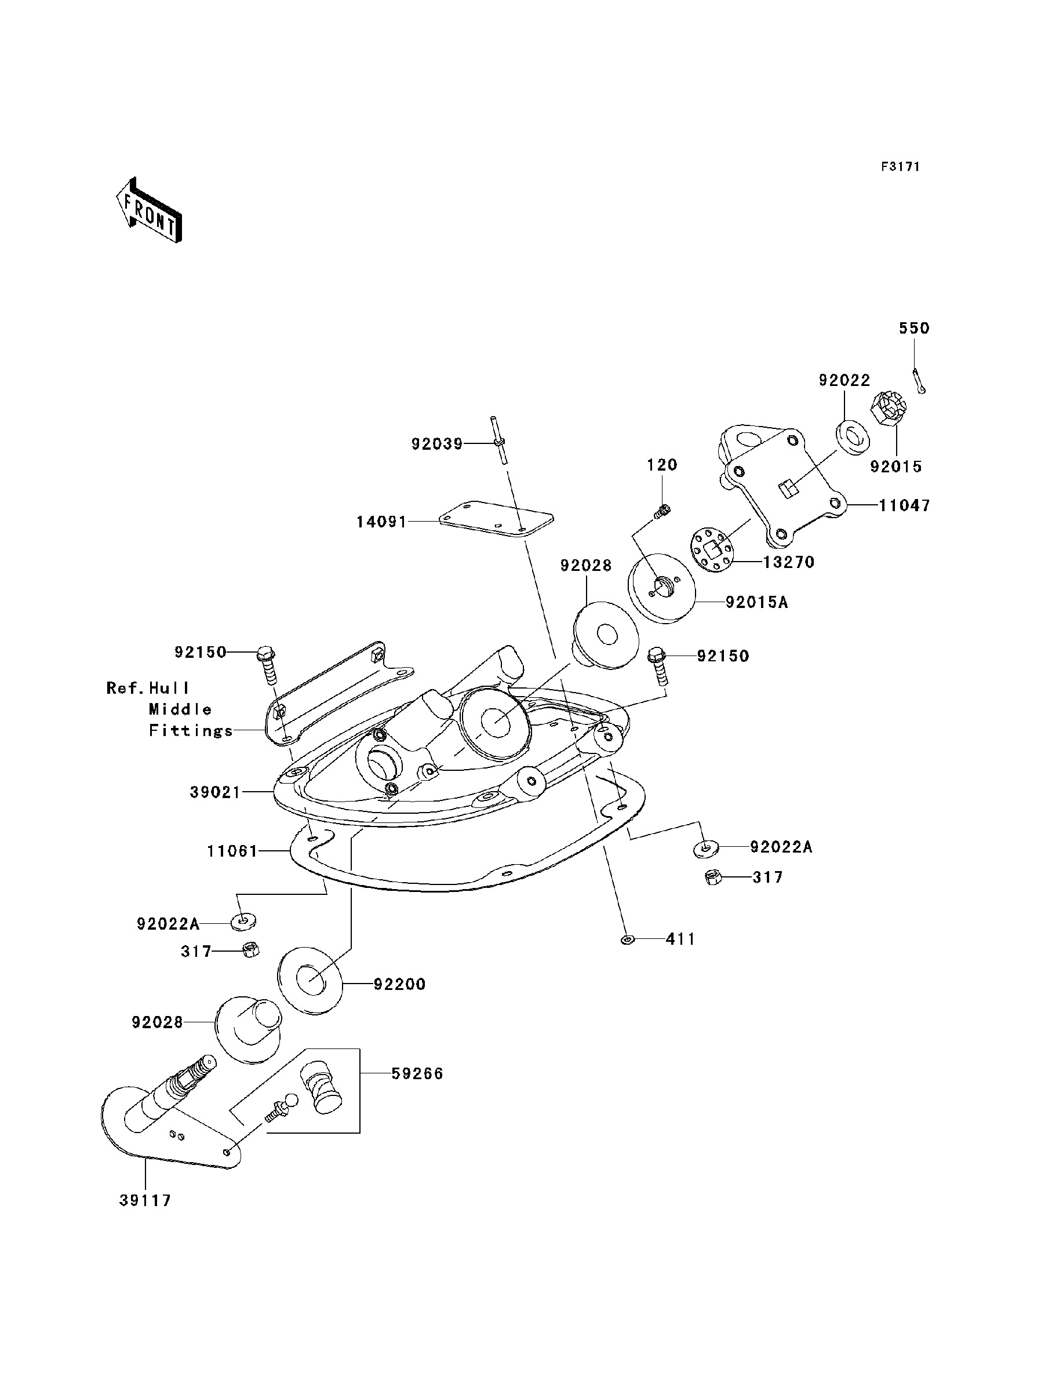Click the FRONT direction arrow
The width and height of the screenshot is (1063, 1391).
coord(150,210)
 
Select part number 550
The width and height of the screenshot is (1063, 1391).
coord(914,327)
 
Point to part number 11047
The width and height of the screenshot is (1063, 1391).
coord(905,505)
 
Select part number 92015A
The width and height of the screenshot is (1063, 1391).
coord(757,602)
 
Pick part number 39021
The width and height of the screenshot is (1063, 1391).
coord(215,792)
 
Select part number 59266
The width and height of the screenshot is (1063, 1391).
coord(417,1074)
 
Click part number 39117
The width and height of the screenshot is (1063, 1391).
coord(145,1200)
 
